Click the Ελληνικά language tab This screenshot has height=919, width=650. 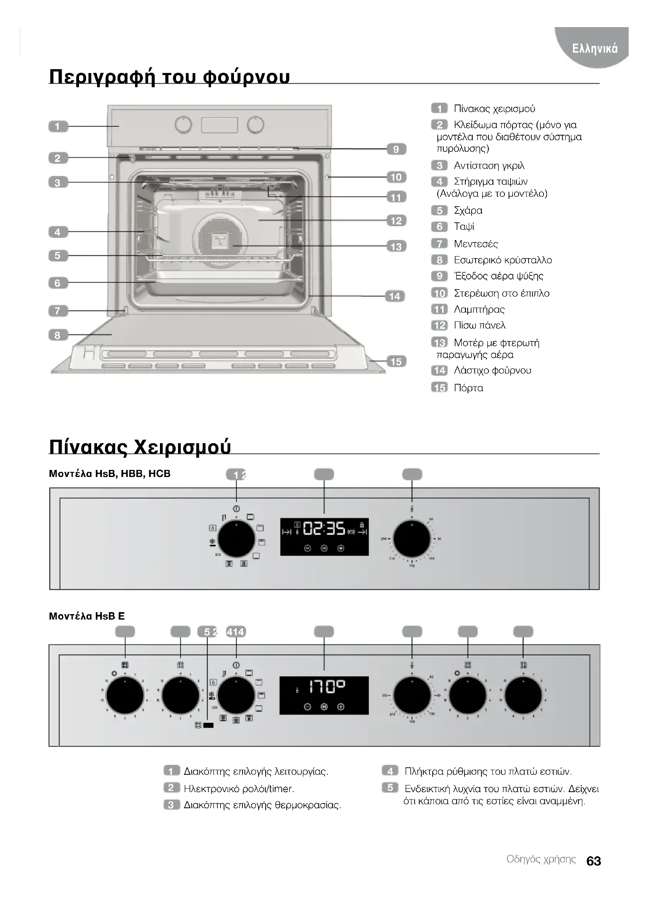(595, 48)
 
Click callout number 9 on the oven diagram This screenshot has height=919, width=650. (396, 149)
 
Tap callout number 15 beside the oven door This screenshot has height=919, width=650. (396, 361)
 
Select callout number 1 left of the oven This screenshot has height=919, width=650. (58, 127)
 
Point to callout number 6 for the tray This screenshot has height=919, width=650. (58, 283)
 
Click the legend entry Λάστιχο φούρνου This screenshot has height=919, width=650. (492, 371)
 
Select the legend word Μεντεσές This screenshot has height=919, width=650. (476, 244)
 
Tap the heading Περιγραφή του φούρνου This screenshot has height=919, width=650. (169, 76)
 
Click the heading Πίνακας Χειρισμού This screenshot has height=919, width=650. (140, 447)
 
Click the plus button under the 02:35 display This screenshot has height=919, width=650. (341, 548)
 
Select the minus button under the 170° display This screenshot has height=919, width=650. (307, 706)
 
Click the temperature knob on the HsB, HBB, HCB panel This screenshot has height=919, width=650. (411, 539)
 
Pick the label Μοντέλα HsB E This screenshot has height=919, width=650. (87, 616)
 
